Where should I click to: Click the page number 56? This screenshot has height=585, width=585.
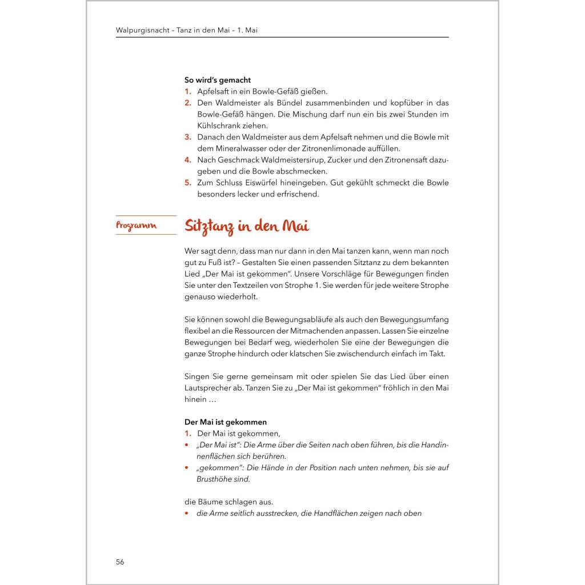point(120,562)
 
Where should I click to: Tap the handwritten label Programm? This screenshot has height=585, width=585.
point(136,226)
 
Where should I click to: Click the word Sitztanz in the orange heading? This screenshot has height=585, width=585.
point(210,226)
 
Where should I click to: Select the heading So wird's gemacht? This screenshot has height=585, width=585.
point(218,80)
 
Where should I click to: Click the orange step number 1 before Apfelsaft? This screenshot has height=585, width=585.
point(187,91)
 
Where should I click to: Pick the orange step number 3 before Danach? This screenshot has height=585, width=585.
point(187,137)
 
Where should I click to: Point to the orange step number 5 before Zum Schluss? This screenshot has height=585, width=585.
point(187,183)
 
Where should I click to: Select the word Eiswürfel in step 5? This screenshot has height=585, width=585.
point(276,183)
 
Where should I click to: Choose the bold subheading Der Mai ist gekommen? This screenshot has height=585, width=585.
point(226,422)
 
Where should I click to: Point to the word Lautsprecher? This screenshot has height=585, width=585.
point(209,388)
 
